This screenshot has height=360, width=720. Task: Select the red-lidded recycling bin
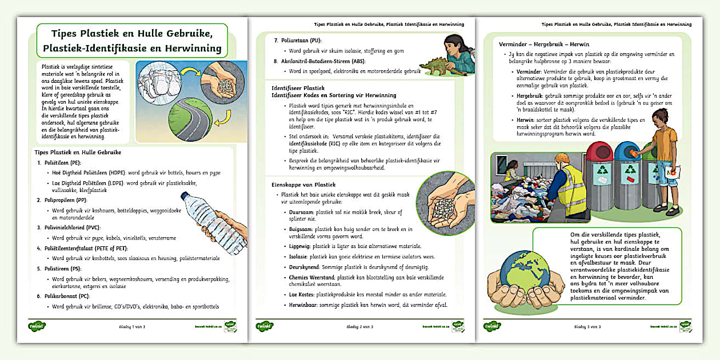pyautogui.click(x=599, y=171)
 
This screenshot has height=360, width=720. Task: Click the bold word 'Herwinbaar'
pyautogui.click(x=303, y=305)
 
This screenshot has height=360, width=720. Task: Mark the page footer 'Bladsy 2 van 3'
pyautogui.click(x=360, y=327)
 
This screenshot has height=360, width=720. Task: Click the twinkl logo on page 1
pyautogui.click(x=37, y=326)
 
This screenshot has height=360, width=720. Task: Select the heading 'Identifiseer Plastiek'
pyautogui.click(x=298, y=88)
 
